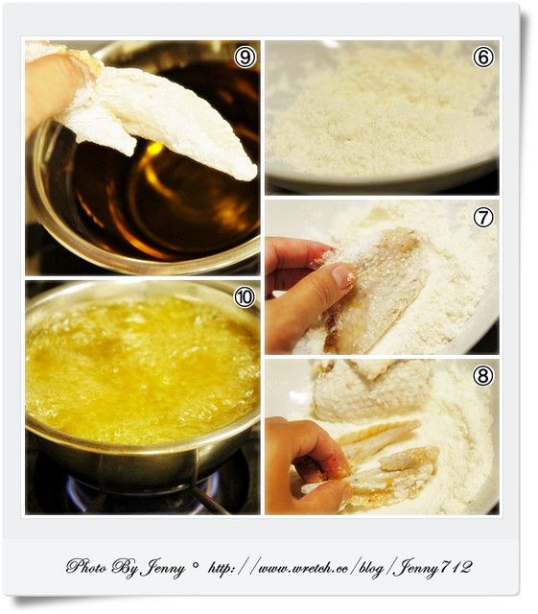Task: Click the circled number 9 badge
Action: (x=245, y=58)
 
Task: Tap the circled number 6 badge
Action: (x=483, y=58)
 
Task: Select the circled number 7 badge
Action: (x=483, y=218)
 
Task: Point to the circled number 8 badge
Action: (x=483, y=376)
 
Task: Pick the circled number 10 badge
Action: (x=245, y=297)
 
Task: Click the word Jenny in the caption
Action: (x=162, y=568)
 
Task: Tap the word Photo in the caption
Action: (x=86, y=566)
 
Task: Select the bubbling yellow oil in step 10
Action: (x=142, y=370)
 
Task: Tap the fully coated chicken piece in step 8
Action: (x=372, y=391)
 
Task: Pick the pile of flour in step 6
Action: (x=382, y=113)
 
